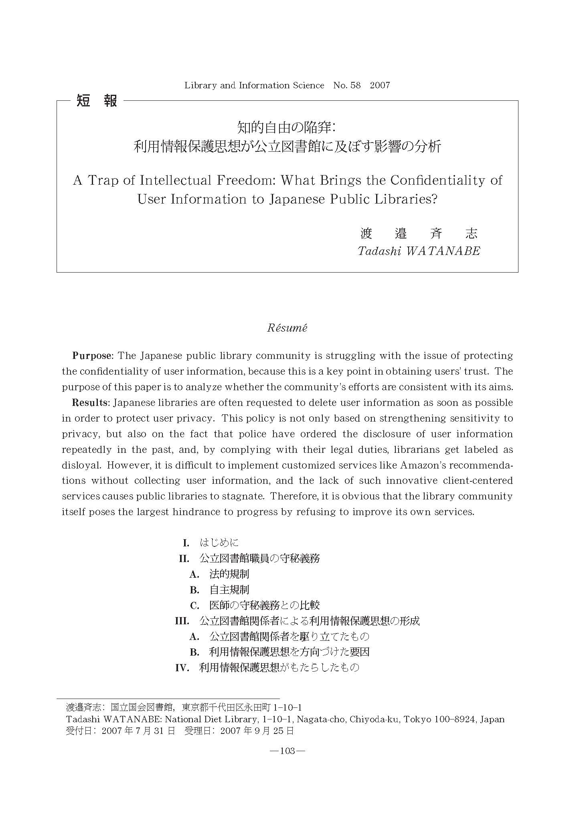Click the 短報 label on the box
[96, 100]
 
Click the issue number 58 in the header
[355, 85]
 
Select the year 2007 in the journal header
[380, 85]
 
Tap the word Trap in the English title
[103, 181]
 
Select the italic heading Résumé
[287, 328]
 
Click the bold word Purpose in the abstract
[91, 356]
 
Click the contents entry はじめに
[219, 543]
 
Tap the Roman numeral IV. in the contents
[182, 668]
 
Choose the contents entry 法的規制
[229, 574]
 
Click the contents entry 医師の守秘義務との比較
[264, 605]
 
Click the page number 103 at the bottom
[287, 751]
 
